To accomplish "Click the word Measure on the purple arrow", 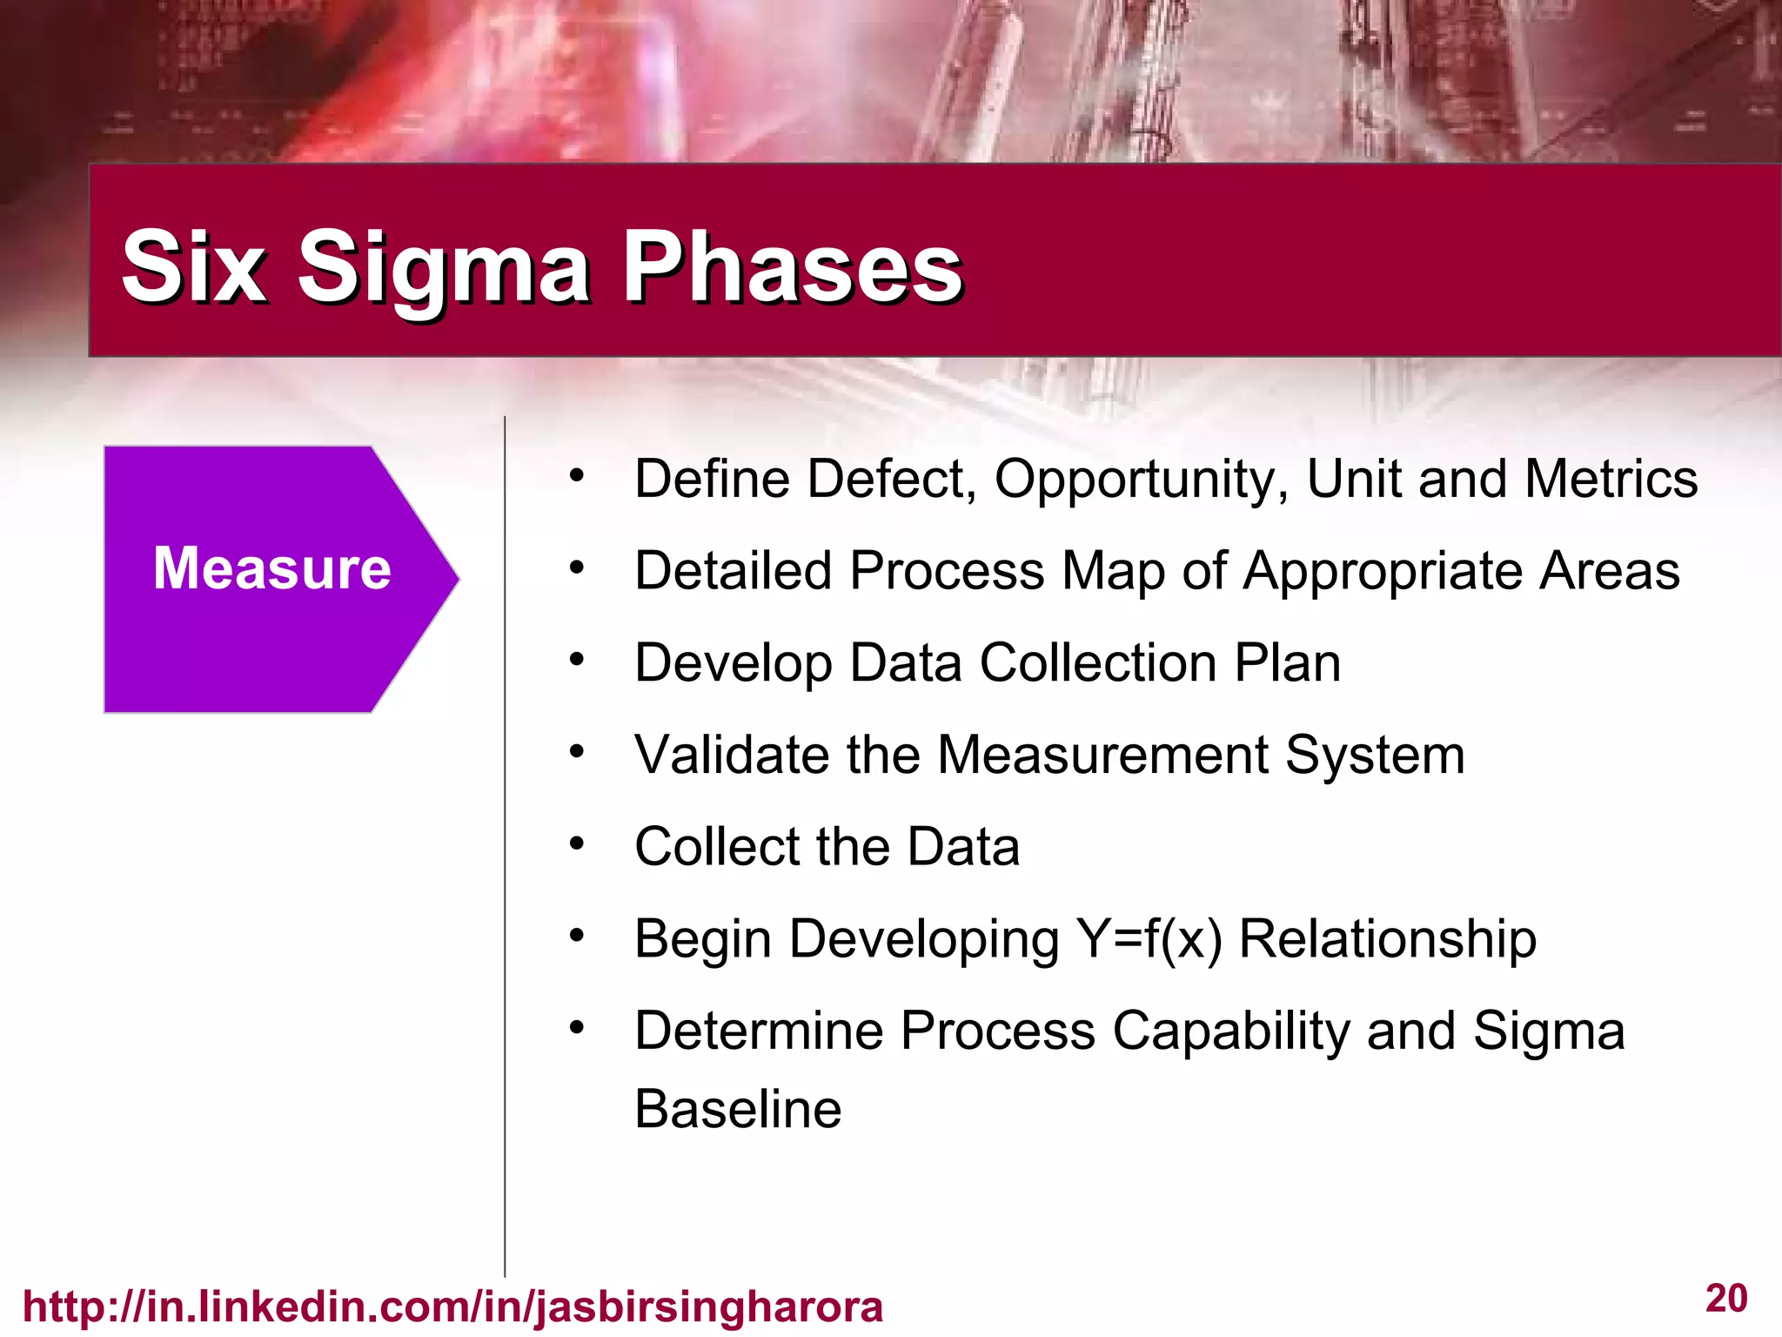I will (271, 568).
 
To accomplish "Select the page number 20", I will (1726, 1299).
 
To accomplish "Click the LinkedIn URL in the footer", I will (452, 1307).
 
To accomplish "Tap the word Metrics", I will (1611, 479).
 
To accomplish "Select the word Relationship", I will (1387, 940).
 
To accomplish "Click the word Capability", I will (1230, 1032).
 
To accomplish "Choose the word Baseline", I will (738, 1110).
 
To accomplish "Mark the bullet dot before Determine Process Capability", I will (577, 1028).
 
